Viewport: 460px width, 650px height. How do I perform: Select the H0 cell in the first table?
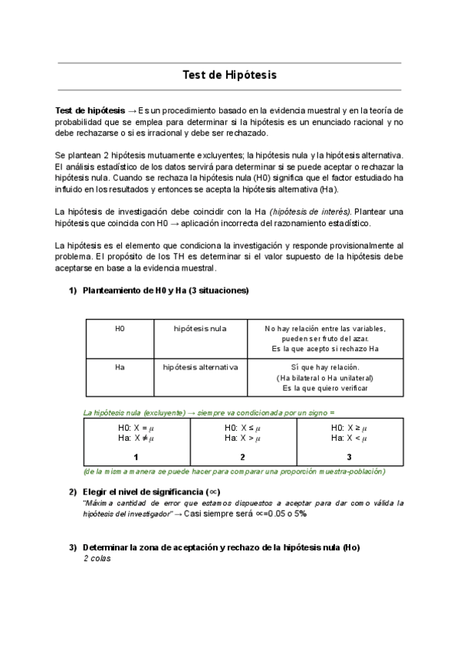pyautogui.click(x=120, y=329)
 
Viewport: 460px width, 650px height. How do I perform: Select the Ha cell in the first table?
pyautogui.click(x=120, y=367)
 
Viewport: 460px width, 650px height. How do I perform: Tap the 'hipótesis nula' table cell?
pyautogui.click(x=200, y=329)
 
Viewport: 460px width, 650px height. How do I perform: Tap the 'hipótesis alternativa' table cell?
pyautogui.click(x=200, y=367)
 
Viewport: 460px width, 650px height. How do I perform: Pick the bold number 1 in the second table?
pyautogui.click(x=136, y=457)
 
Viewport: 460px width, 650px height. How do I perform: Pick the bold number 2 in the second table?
pyautogui.click(x=242, y=457)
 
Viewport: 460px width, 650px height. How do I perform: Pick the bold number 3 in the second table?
pyautogui.click(x=349, y=457)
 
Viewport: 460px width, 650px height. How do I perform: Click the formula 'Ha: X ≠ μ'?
pyautogui.click(x=136, y=438)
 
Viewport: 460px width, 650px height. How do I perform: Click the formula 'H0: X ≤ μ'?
pyautogui.click(x=242, y=428)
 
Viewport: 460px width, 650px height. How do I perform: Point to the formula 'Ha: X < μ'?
pyautogui.click(x=349, y=438)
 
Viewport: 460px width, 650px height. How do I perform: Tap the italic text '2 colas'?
pyautogui.click(x=97, y=559)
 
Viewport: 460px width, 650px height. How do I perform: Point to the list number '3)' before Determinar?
pyautogui.click(x=73, y=547)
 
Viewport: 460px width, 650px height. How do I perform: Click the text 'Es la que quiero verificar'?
pyautogui.click(x=325, y=388)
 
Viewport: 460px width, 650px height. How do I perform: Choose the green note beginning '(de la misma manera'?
pyautogui.click(x=234, y=471)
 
